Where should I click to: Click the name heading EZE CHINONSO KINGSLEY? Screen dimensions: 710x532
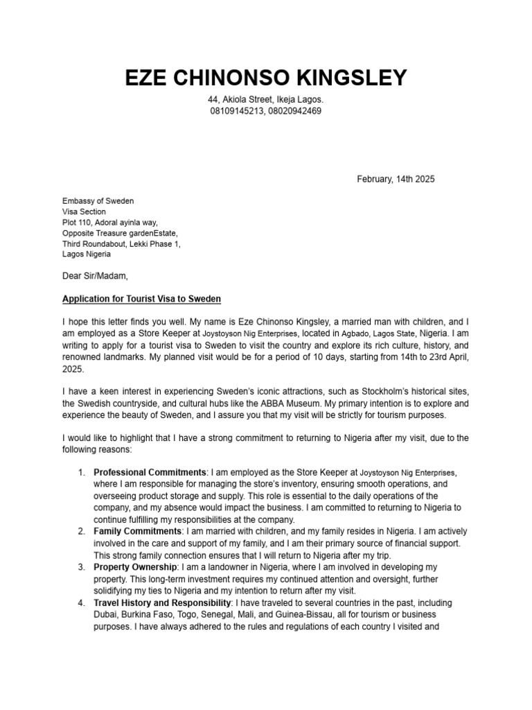pos(266,78)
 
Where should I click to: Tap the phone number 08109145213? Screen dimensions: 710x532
pos(238,112)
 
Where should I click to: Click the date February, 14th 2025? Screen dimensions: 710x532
pos(396,179)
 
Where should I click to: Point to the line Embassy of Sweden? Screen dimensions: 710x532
pos(98,201)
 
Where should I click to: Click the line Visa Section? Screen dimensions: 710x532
pos(85,212)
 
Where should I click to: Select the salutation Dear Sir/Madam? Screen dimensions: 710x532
pos(95,276)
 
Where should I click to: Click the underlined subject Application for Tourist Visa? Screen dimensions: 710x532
pos(141,300)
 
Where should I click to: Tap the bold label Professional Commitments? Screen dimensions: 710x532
pos(150,473)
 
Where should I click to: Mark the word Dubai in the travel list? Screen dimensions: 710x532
pos(105,615)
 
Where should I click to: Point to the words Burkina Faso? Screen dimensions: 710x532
pos(151,615)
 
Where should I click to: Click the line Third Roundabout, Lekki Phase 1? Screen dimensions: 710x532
pos(122,244)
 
